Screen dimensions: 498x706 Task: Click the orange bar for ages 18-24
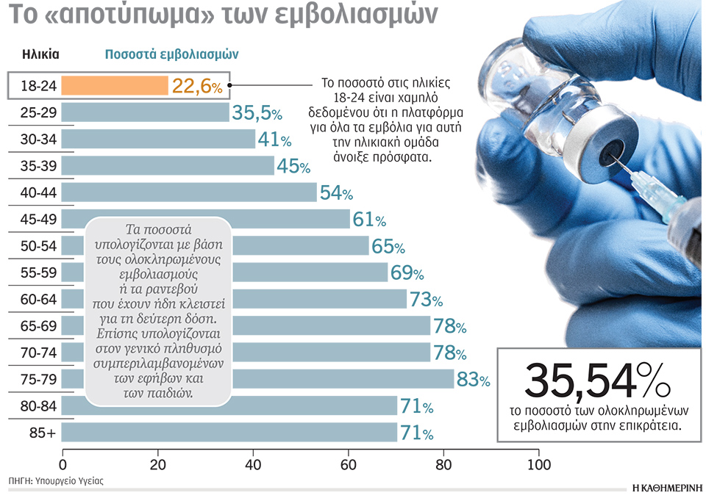click(115, 86)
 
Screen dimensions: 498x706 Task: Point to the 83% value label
click(474, 380)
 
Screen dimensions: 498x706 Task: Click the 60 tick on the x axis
click(348, 465)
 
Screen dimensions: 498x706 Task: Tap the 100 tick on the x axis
click(538, 465)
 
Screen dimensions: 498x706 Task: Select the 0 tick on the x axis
click(63, 465)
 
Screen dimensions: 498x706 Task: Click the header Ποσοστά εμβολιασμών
click(171, 54)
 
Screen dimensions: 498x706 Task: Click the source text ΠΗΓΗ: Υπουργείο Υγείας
click(56, 482)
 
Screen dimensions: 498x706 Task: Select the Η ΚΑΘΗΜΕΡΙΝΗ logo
click(666, 486)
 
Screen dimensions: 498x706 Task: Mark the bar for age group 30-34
click(159, 140)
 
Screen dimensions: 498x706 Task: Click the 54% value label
click(336, 193)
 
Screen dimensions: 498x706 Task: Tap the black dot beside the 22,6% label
click(230, 85)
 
